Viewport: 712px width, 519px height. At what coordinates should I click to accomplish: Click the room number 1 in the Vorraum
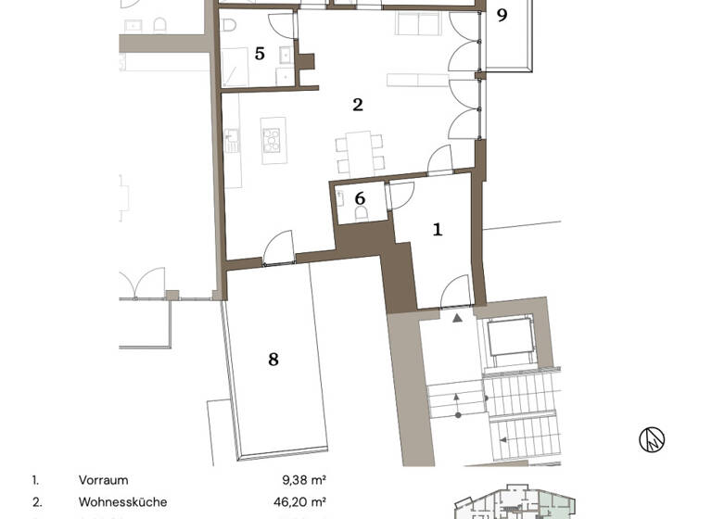tap(438, 228)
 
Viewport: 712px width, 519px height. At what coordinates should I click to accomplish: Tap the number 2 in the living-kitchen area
tap(358, 105)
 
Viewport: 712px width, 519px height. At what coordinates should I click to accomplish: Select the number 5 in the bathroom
tap(260, 54)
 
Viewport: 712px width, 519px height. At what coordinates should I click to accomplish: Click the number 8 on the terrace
tap(273, 359)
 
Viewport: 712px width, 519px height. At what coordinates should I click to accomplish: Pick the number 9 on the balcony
tap(502, 16)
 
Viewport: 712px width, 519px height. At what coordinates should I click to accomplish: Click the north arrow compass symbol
tap(652, 439)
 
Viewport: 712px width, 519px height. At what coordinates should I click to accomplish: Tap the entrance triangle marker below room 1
tap(456, 318)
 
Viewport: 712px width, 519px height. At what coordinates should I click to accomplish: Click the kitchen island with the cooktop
tap(273, 140)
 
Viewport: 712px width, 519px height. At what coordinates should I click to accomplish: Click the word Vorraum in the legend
tap(103, 480)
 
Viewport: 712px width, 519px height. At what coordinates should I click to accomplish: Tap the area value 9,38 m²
tap(304, 480)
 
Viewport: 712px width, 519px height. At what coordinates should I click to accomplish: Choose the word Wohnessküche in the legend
tap(122, 502)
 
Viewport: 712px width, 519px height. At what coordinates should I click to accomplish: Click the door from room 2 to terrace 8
tap(278, 252)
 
